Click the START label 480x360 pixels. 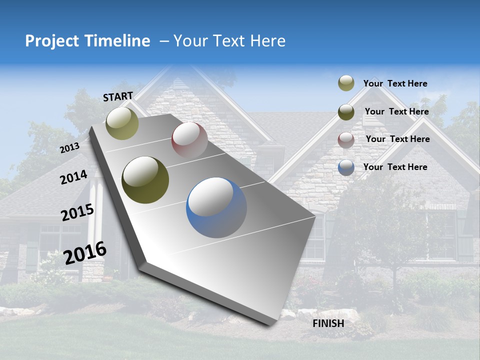click(118, 96)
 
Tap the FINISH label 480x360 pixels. click(328, 323)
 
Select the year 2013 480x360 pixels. click(70, 147)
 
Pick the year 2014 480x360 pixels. click(73, 177)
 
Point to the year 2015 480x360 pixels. click(77, 212)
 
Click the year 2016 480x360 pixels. click(85, 252)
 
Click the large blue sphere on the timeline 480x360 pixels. click(216, 207)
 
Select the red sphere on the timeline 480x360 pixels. click(189, 140)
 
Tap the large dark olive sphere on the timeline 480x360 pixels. click(145, 180)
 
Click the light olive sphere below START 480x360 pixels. click(122, 123)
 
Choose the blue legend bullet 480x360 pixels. click(346, 167)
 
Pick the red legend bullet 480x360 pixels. click(346, 140)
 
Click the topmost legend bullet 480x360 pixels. click(346, 83)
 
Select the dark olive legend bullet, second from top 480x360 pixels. click(346, 111)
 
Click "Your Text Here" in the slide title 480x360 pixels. click(229, 41)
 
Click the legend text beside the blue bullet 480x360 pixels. click(395, 167)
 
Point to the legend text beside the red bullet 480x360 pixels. click(397, 139)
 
